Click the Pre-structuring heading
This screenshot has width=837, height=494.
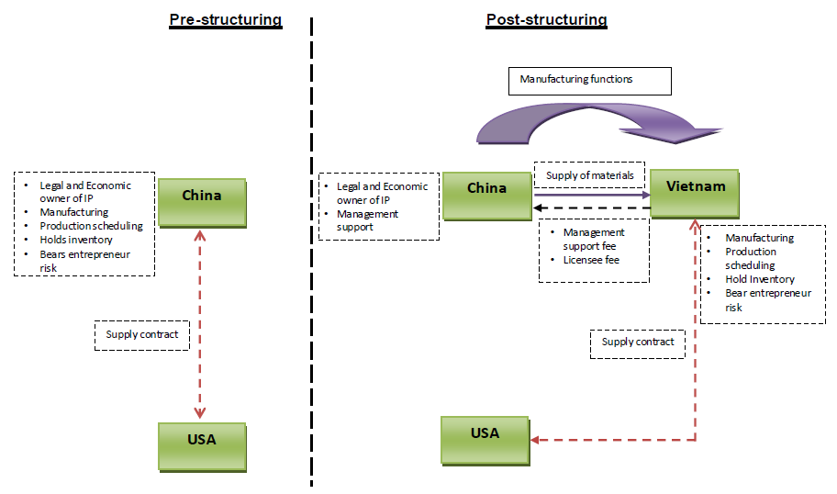225,20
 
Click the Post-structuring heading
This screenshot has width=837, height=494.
546,20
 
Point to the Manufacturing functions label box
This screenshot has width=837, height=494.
590,81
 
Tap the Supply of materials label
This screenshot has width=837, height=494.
589,175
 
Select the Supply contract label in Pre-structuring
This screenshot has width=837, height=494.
142,335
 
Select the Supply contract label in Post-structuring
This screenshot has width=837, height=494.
638,342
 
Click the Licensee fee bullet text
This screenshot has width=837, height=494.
592,260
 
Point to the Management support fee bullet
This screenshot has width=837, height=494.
594,239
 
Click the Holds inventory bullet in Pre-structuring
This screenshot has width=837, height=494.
76,240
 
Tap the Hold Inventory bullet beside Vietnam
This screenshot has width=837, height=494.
760,279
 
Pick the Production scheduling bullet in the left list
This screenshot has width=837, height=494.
91,226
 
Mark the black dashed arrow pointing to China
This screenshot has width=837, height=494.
592,208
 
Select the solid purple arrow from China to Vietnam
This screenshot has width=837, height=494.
592,195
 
